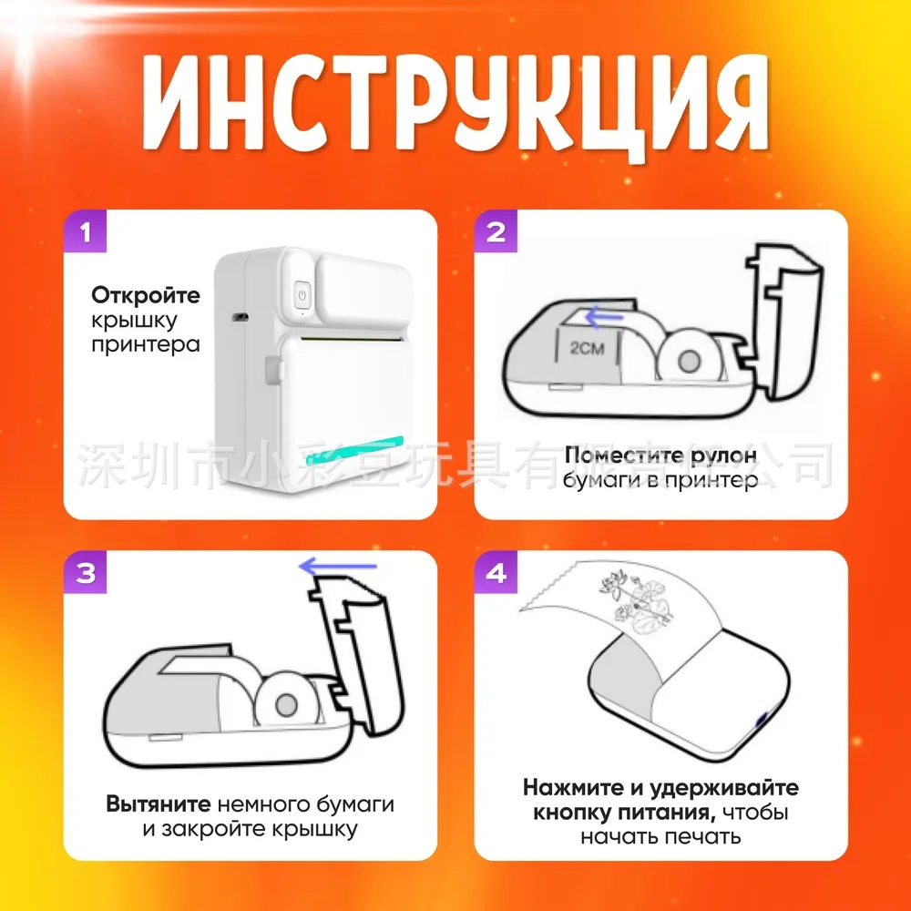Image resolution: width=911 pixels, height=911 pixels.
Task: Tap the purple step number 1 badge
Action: pos(86,232)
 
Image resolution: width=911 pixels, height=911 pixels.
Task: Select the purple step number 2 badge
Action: pos(496,232)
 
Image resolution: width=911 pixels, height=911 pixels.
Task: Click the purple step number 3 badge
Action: pos(86,574)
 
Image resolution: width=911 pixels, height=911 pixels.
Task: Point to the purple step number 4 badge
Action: pos(496,574)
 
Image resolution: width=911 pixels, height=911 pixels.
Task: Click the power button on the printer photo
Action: pos(302,295)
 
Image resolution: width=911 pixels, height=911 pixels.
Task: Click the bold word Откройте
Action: pos(146,296)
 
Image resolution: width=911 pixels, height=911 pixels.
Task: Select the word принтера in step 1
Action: pos(146,345)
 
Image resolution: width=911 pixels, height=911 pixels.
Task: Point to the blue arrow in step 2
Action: pos(604,318)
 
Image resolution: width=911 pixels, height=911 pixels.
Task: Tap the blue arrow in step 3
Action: pos(337,568)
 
